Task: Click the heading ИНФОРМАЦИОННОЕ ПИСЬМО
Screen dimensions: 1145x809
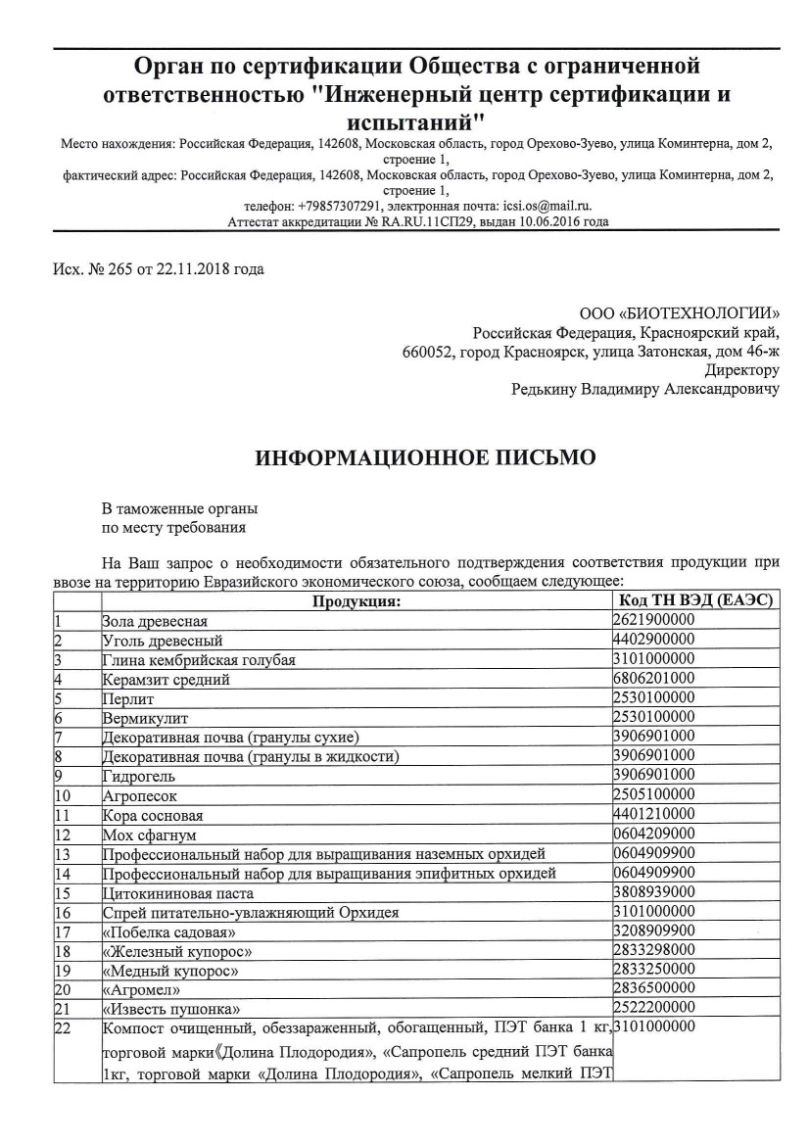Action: [424, 457]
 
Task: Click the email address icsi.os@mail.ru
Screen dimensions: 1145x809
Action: [547, 207]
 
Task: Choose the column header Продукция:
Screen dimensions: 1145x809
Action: [356, 600]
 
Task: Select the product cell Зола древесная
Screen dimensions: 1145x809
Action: [155, 621]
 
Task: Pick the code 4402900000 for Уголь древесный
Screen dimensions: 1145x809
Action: [654, 640]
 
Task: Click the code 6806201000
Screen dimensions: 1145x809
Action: [654, 678]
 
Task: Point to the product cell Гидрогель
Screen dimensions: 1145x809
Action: [140, 775]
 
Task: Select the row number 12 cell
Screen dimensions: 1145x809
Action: [65, 833]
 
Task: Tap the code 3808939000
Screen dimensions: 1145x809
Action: [654, 891]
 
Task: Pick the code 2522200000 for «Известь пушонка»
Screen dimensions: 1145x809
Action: [654, 1007]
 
